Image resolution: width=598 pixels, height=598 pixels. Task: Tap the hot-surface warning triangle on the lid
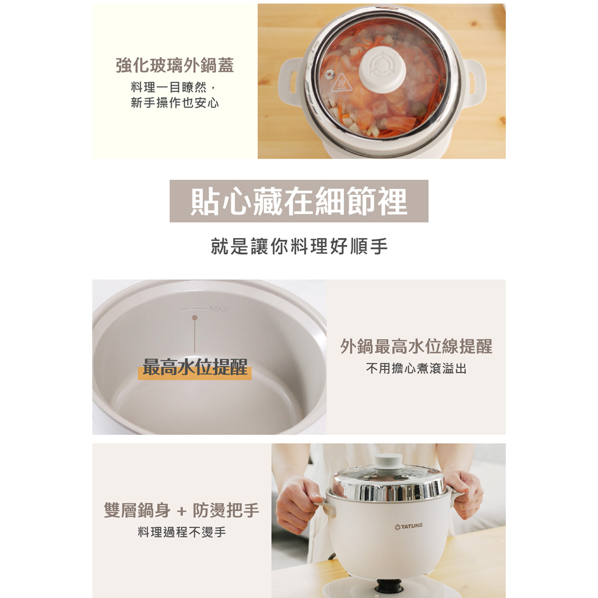[341, 84]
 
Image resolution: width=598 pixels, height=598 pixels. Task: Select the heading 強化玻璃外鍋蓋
[175, 65]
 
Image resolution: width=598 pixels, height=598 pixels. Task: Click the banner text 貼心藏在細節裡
[299, 201]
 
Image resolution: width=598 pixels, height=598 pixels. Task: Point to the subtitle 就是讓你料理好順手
[299, 246]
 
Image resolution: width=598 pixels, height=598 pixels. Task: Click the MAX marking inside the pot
[219, 309]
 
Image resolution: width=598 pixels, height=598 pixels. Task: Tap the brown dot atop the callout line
[195, 318]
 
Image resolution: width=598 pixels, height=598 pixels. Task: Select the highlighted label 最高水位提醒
[195, 368]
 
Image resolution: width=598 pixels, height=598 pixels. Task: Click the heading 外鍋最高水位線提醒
[416, 346]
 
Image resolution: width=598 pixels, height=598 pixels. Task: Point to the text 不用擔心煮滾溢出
[416, 368]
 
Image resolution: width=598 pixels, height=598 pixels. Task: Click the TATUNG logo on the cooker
[408, 526]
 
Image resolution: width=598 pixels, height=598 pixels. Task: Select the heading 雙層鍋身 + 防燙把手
[182, 510]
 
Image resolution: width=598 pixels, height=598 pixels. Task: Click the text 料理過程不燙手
[182, 532]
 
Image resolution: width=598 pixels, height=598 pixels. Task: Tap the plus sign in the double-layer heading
[182, 511]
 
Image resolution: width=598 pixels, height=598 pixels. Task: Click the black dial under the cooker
[388, 585]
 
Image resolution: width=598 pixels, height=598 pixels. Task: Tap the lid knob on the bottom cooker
[389, 462]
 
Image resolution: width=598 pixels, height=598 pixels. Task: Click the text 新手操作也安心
[175, 103]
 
